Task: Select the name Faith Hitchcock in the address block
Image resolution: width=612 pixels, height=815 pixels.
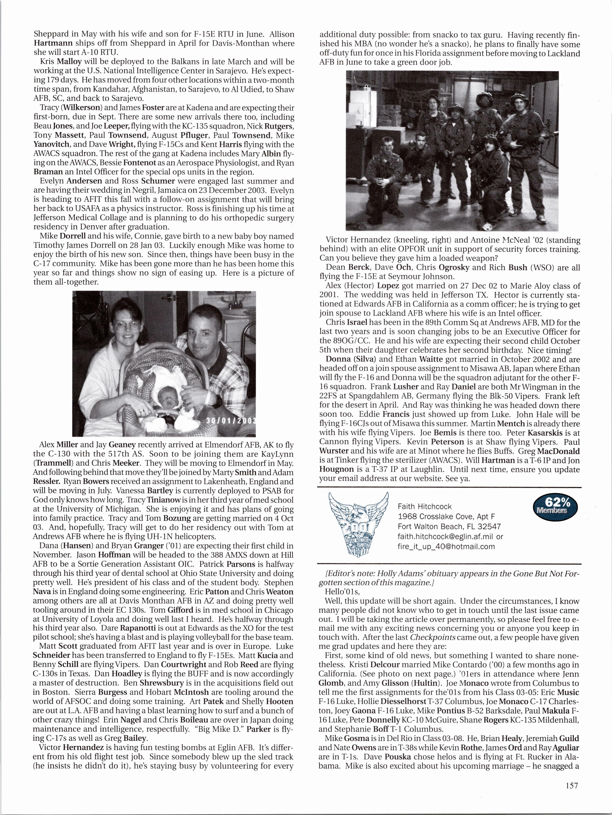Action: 425,507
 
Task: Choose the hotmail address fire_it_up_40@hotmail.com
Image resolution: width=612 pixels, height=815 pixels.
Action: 446,546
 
